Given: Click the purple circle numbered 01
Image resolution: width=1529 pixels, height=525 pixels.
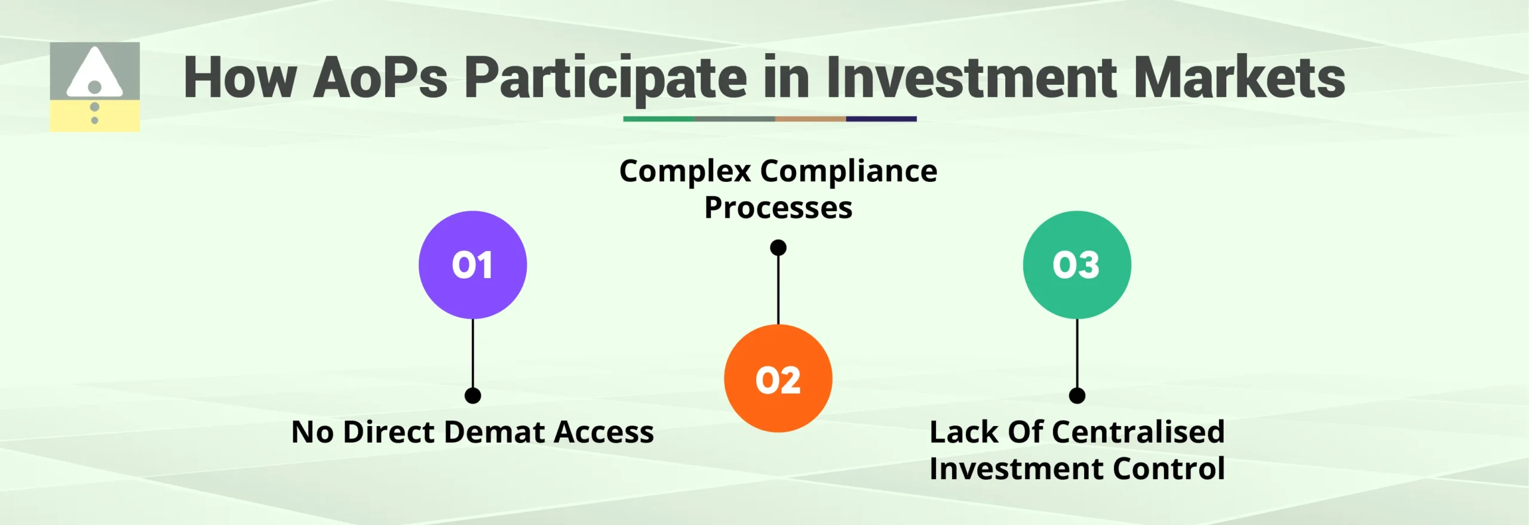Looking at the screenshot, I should tap(472, 264).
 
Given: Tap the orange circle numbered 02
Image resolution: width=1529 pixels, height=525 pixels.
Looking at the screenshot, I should tap(778, 378).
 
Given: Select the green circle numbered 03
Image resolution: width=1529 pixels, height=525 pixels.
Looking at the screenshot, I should tap(1076, 264).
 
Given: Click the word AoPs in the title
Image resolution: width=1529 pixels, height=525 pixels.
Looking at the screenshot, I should tap(380, 78).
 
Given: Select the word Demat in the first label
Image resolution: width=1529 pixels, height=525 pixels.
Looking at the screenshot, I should tap(493, 432).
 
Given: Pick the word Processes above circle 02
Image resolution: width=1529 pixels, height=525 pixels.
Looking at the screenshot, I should tap(778, 208).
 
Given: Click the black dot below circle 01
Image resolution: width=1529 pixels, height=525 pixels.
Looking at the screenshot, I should tap(472, 396).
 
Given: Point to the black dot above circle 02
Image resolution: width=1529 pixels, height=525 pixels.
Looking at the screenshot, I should tap(778, 247).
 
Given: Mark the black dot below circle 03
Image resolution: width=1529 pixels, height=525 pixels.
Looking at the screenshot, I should tap(1076, 396).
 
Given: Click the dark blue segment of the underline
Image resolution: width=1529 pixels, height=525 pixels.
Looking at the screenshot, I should tap(881, 119).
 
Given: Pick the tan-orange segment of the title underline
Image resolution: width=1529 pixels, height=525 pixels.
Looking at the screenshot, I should tap(810, 119).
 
